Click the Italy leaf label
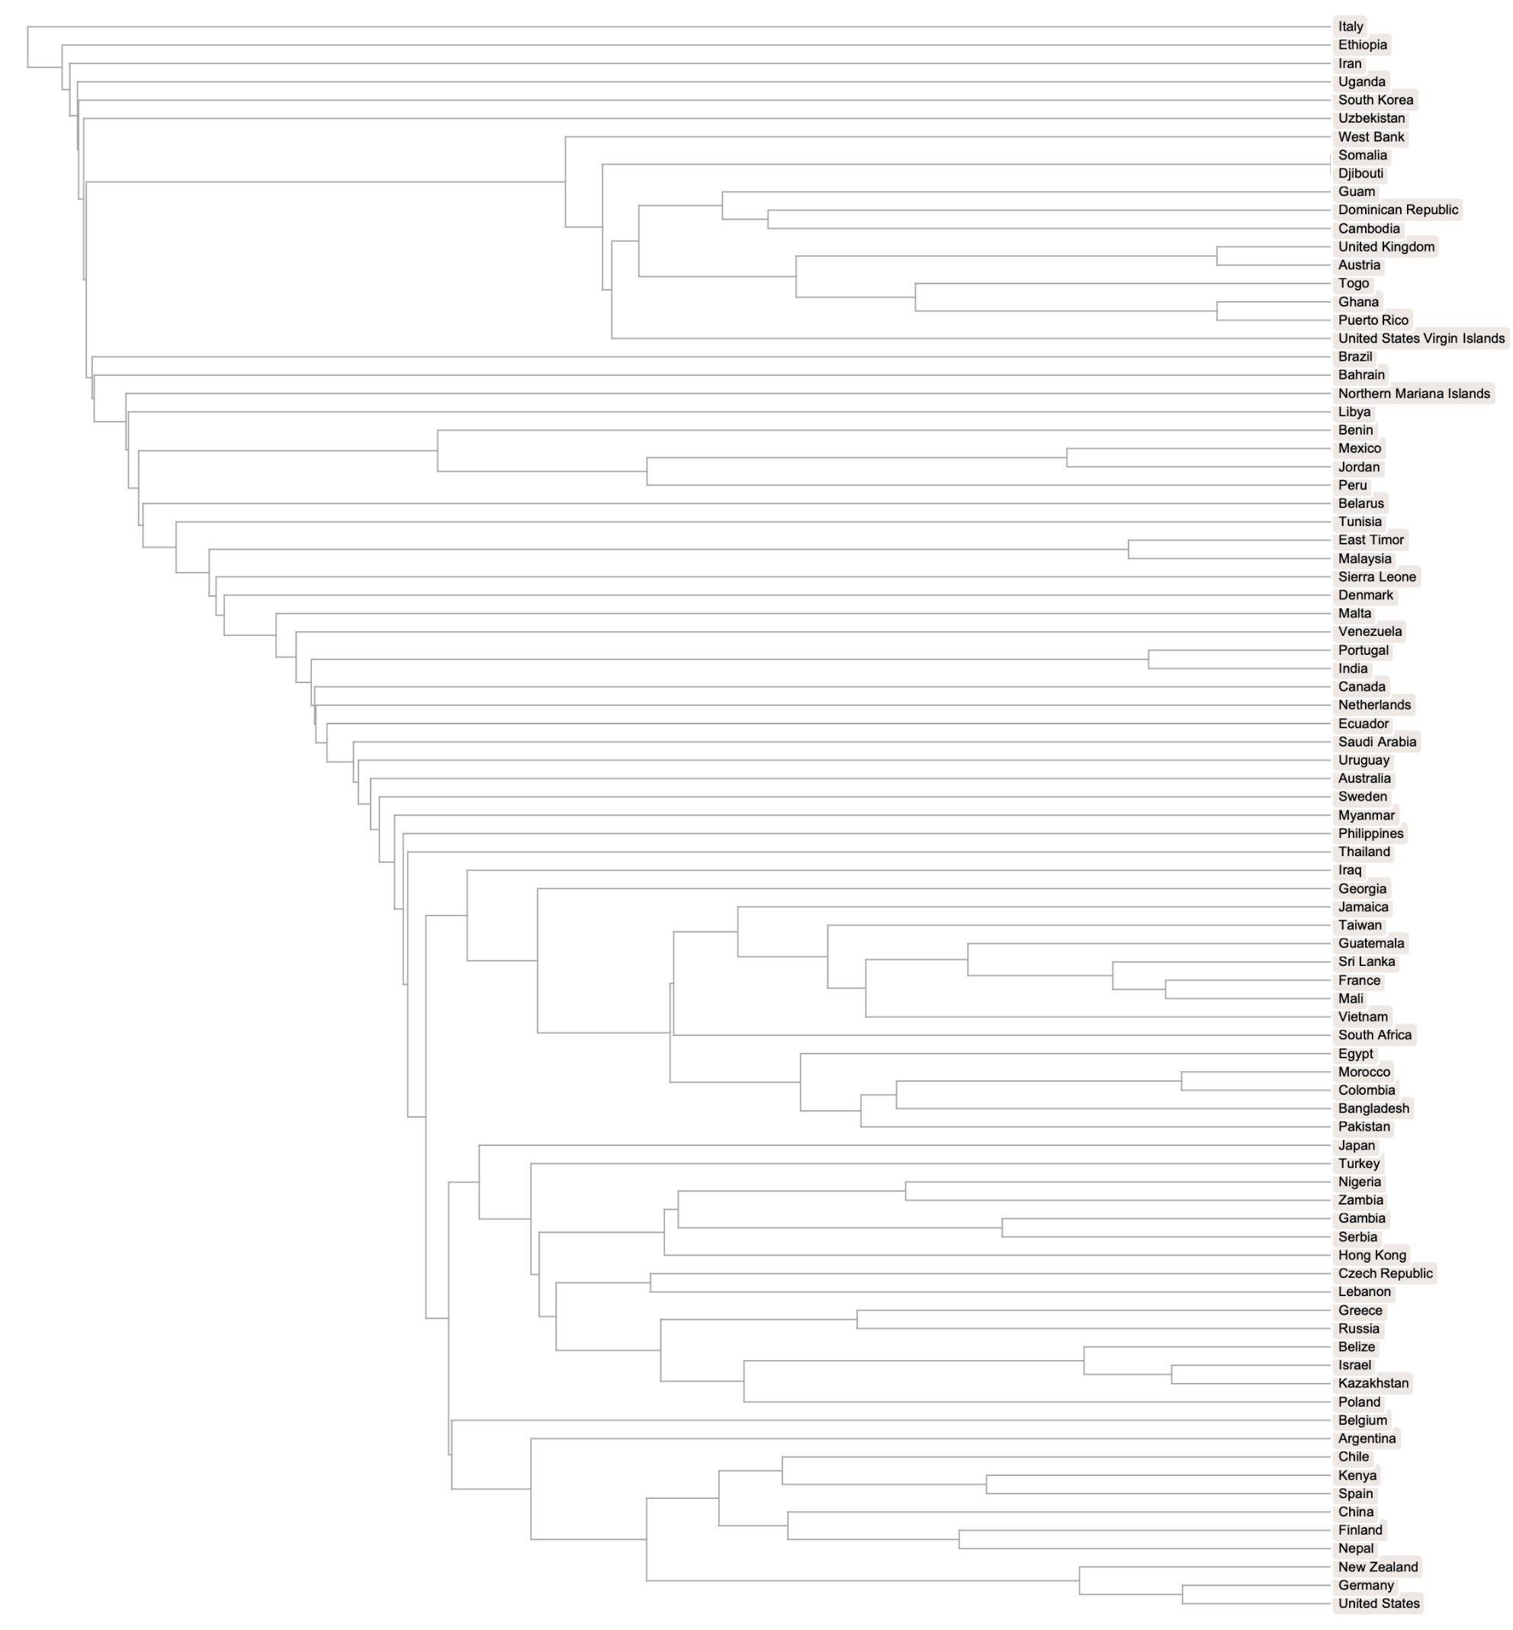(x=1350, y=27)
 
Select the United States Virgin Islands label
(x=1421, y=338)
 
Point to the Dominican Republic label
(x=1398, y=210)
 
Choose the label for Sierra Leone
(x=1376, y=577)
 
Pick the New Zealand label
(x=1377, y=1567)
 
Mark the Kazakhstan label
(x=1373, y=1383)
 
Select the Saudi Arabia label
(x=1376, y=742)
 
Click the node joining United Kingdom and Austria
(x=1216, y=256)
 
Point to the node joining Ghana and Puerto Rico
(x=1216, y=311)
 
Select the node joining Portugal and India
(x=1148, y=659)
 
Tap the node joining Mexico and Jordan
(x=1067, y=457)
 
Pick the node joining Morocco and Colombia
(x=1181, y=1080)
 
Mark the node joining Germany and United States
(x=1182, y=1594)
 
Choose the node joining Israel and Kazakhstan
(x=1171, y=1374)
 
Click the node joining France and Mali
(x=1166, y=989)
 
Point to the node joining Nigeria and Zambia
(x=905, y=1191)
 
